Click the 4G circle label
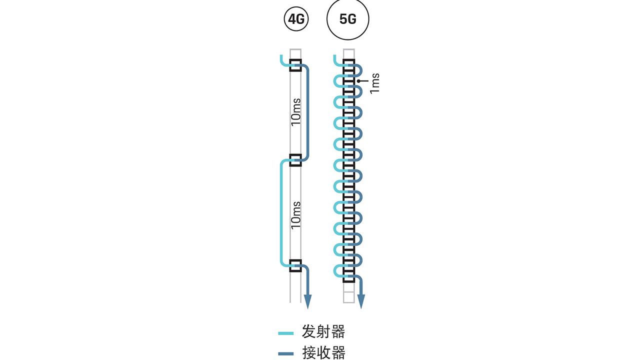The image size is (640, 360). tap(295, 19)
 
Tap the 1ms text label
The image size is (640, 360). tap(375, 83)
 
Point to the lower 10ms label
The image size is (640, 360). tap(296, 214)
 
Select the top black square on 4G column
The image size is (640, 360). tap(295, 65)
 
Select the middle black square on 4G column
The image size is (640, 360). tap(295, 160)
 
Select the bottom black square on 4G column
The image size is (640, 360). tap(295, 265)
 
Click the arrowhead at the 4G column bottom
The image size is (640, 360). tap(307, 301)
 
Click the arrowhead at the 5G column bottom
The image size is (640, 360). tap(360, 301)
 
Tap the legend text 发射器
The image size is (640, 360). tap(323, 331)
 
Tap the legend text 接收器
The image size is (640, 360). tap(323, 353)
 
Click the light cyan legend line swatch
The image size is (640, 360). tap(286, 332)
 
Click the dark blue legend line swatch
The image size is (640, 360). tap(286, 354)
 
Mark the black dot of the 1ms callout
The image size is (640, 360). tap(358, 80)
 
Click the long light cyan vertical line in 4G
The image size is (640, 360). tap(281, 212)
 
